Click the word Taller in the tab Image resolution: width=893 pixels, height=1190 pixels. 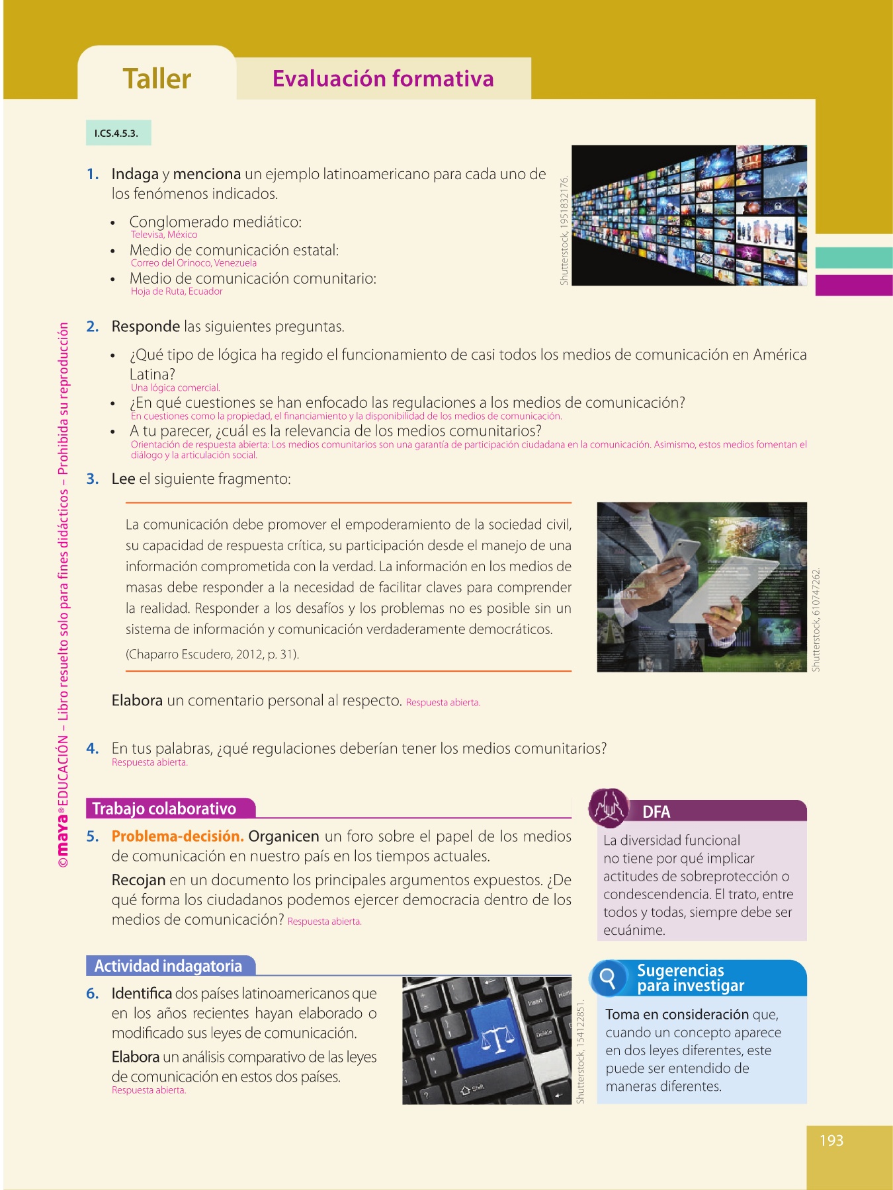click(157, 79)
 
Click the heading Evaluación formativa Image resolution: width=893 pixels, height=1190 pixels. click(383, 79)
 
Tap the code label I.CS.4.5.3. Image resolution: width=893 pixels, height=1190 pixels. click(117, 133)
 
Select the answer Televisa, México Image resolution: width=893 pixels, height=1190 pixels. click(164, 235)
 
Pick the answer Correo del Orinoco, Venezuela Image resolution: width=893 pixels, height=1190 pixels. click(194, 263)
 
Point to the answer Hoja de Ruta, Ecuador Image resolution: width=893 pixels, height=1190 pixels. click(177, 292)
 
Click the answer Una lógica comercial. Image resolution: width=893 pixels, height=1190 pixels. click(175, 388)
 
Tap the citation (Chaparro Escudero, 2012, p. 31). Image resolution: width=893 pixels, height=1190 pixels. click(212, 654)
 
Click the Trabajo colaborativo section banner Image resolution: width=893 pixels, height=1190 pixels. click(164, 809)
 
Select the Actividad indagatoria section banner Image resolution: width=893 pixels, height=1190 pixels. click(168, 966)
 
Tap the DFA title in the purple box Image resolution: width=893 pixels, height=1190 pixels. click(656, 812)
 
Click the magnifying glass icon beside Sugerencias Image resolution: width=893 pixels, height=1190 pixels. click(607, 977)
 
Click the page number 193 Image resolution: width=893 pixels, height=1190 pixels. click(831, 1140)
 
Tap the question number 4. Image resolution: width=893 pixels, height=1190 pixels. click(93, 748)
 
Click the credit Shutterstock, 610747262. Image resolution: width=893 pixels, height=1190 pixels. click(816, 619)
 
